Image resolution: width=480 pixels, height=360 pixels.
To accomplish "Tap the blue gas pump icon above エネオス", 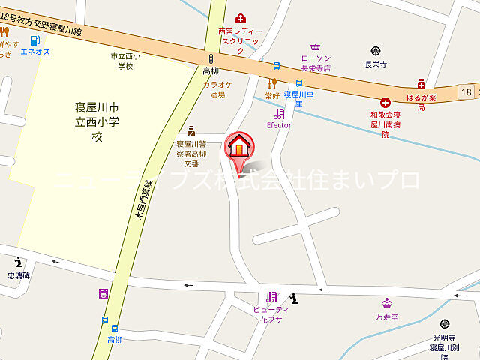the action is [x=35, y=40].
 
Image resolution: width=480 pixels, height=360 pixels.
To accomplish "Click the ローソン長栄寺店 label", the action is [x=316, y=62].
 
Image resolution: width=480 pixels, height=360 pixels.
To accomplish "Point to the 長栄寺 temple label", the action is [x=375, y=64].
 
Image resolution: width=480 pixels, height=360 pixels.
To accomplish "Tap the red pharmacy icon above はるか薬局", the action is [x=421, y=84].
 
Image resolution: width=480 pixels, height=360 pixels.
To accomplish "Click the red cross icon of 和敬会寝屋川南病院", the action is [x=385, y=102].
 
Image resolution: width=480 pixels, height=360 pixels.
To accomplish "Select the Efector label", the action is [x=279, y=125].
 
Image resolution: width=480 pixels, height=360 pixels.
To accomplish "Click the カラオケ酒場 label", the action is [x=217, y=90].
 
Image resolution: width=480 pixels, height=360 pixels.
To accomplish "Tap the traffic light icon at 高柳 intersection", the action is [x=211, y=58].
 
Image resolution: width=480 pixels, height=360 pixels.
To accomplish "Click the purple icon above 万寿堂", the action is [x=387, y=304].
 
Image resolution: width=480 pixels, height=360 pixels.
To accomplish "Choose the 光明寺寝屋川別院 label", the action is [x=444, y=343].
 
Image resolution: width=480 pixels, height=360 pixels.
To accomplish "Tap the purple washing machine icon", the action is [x=103, y=295].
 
